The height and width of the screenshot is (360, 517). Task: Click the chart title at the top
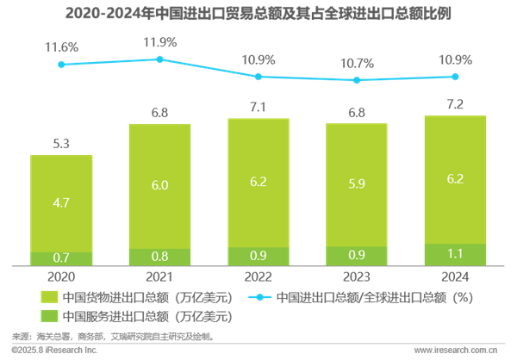(258, 15)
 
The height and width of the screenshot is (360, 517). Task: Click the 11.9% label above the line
(160, 42)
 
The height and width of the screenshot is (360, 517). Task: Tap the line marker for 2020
(61, 65)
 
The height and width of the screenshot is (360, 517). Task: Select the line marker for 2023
(357, 80)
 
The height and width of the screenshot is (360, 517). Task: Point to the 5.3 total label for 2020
(61, 143)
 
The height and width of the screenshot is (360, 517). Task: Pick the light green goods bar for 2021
(160, 186)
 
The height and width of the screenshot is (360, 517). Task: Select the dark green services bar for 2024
(455, 255)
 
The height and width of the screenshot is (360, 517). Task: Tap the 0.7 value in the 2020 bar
(61, 258)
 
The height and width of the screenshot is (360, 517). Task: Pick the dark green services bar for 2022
(258, 257)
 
